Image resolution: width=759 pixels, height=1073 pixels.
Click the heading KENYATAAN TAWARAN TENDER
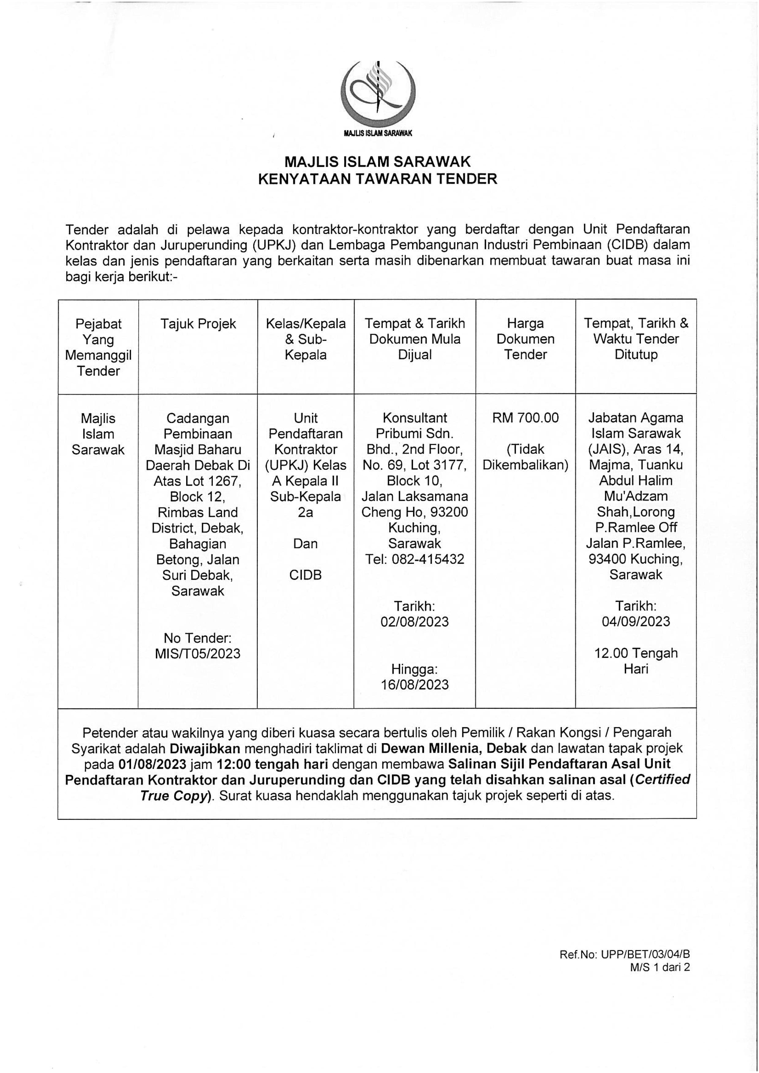pyautogui.click(x=378, y=179)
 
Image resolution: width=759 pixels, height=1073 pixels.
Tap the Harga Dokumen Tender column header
pyautogui.click(x=525, y=339)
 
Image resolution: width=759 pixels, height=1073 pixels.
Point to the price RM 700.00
pyautogui.click(x=525, y=418)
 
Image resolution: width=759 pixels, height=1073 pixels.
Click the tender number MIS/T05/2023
pyautogui.click(x=198, y=653)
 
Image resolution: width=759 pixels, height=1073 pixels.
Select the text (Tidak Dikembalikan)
pyautogui.click(x=525, y=457)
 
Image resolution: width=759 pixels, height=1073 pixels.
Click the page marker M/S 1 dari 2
pyautogui.click(x=659, y=967)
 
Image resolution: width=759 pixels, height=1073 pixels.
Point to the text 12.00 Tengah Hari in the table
pyautogui.click(x=636, y=661)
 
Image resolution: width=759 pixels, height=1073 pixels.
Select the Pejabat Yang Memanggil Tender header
pyautogui.click(x=98, y=347)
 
